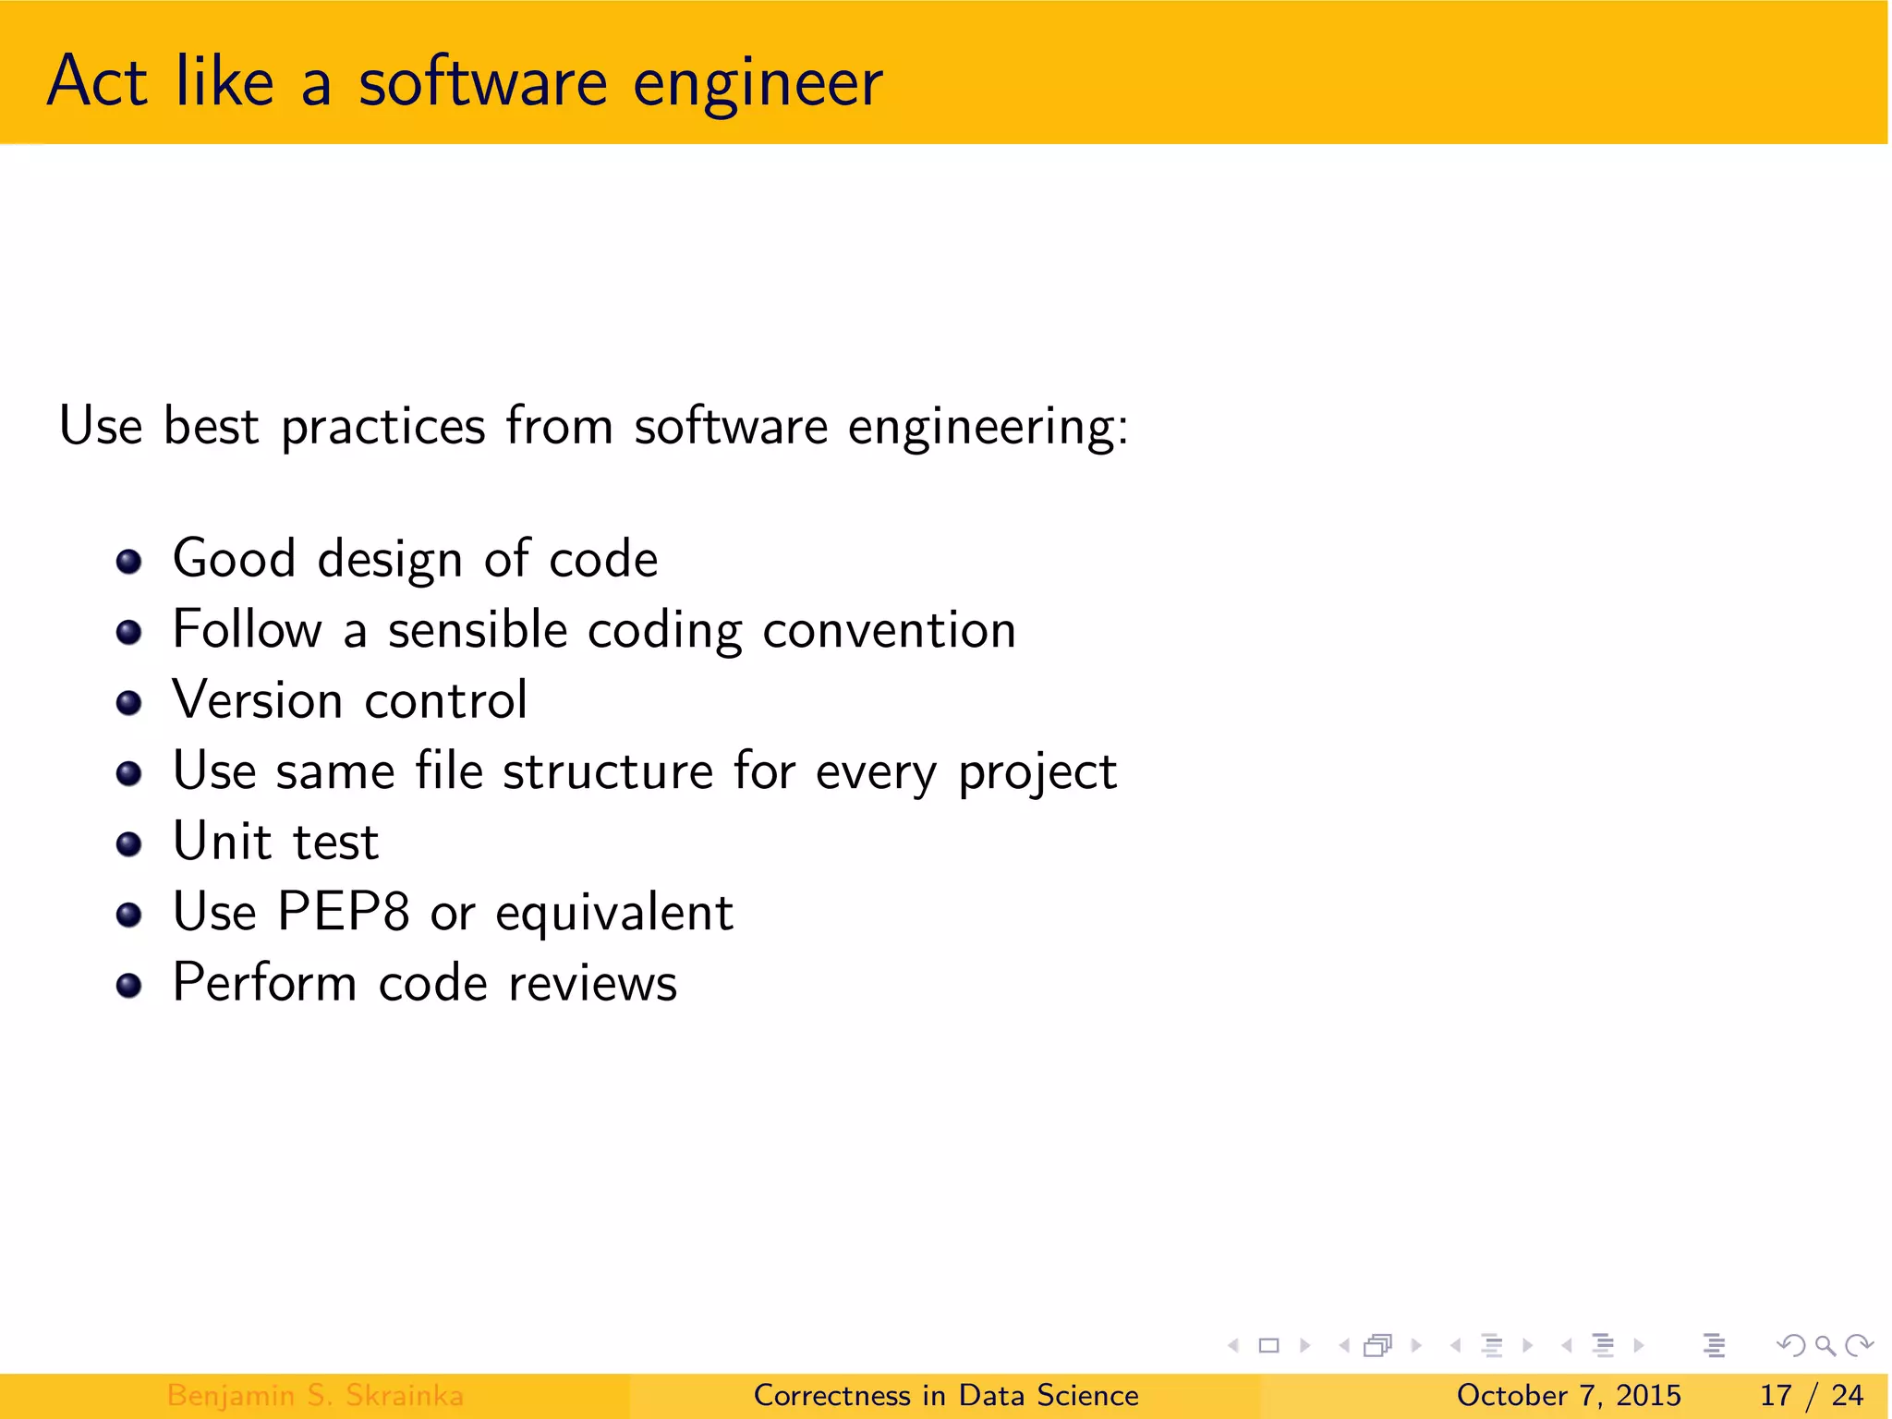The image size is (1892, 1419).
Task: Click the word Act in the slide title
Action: tap(96, 81)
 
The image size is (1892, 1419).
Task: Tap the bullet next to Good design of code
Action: tap(129, 562)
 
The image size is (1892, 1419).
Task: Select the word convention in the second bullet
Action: tap(889, 631)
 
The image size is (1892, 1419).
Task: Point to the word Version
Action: tap(258, 700)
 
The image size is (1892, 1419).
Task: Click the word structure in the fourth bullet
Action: tap(608, 771)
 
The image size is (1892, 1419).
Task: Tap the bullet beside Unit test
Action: tap(129, 844)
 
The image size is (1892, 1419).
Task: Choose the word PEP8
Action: tap(343, 913)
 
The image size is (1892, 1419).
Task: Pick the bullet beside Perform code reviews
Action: tap(129, 986)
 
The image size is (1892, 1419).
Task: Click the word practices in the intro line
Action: tap(383, 428)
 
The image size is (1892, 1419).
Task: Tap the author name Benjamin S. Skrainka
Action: tap(315, 1395)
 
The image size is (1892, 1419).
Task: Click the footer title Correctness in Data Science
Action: tap(946, 1395)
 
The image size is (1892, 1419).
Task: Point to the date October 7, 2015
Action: tap(1569, 1395)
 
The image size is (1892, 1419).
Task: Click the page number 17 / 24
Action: tap(1811, 1395)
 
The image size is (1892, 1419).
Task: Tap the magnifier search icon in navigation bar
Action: tap(1825, 1346)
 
